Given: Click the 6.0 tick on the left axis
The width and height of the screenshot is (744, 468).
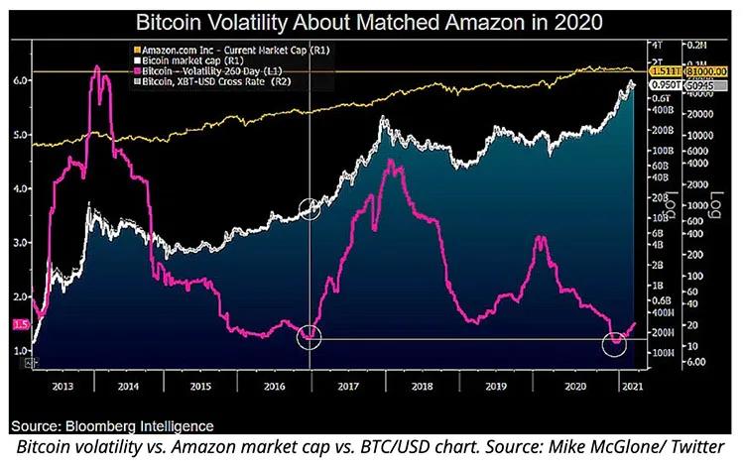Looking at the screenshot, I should pos(20,80).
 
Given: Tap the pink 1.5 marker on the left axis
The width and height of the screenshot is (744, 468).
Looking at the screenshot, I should pos(20,324).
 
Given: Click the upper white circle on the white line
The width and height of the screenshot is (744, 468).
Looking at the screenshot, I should pos(310,207).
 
